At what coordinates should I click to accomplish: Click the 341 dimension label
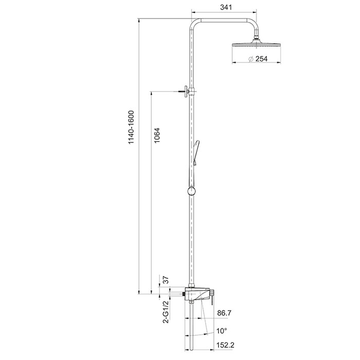point(226,7)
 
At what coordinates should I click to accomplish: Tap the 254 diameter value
point(261,59)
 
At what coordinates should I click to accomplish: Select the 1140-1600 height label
point(131,127)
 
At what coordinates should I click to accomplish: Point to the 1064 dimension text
point(156,135)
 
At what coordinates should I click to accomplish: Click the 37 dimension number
point(166,280)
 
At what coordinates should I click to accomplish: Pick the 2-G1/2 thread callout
point(166,312)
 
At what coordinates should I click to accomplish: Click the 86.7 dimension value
point(224,313)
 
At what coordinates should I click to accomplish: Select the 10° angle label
point(222,331)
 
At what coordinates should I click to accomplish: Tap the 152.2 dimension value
point(225,345)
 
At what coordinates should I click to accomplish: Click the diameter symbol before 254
point(251,59)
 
